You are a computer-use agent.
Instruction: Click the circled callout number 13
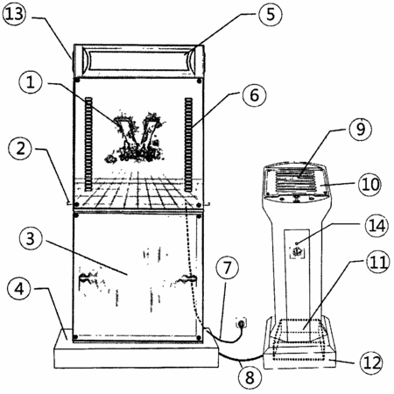[14, 14]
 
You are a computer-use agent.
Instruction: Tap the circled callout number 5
[271, 14]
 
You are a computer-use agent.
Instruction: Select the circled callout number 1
[31, 82]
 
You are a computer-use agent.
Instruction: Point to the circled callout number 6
[254, 95]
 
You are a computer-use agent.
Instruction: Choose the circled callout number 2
[20, 148]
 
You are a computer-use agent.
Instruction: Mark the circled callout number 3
[31, 238]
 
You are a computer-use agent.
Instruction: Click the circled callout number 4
[19, 289]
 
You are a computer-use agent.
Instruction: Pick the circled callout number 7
[228, 268]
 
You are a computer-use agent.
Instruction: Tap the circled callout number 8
[250, 377]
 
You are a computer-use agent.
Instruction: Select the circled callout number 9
[361, 129]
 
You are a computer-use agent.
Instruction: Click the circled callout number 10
[370, 184]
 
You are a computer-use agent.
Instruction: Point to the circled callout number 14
[376, 226]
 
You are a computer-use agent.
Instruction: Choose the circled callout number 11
[378, 262]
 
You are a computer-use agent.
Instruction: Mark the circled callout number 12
[372, 362]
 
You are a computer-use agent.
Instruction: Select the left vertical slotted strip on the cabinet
[88, 144]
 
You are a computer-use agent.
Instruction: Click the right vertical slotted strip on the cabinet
[188, 144]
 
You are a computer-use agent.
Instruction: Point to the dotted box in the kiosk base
[299, 340]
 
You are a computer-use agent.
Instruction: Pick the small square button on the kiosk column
[297, 251]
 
